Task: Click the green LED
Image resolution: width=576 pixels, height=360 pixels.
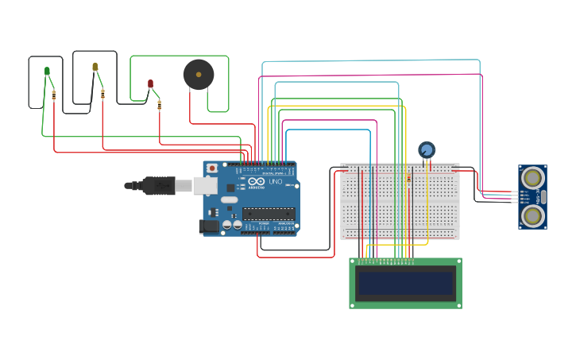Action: (47, 72)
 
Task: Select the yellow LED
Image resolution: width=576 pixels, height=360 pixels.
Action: (95, 67)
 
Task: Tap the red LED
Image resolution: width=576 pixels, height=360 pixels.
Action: (150, 83)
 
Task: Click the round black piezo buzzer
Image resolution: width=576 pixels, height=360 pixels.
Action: (198, 74)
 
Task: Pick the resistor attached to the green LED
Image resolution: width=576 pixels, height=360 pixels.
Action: (53, 95)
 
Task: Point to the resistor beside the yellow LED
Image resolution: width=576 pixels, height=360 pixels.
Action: (102, 93)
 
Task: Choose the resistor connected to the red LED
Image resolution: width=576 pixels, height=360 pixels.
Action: (159, 104)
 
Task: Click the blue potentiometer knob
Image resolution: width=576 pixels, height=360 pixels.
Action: (427, 149)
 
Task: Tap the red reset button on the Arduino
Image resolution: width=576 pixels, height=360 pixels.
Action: (212, 168)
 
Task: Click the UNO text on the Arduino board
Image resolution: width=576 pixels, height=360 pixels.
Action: (275, 182)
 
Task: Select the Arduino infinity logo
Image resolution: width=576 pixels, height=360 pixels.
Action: (256, 180)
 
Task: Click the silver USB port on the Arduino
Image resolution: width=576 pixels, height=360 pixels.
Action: (205, 185)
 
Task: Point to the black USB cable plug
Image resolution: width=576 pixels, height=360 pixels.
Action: (159, 185)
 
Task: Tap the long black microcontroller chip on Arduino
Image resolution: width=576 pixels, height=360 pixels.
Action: (268, 213)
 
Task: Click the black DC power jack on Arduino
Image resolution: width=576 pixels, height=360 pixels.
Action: (209, 226)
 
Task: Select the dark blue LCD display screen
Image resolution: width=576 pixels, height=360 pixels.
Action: (405, 283)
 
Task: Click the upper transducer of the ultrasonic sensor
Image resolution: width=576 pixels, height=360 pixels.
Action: (532, 178)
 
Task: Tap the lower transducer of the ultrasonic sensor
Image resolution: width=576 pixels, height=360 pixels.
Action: (532, 215)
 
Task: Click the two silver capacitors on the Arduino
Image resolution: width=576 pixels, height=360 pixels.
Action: (232, 225)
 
